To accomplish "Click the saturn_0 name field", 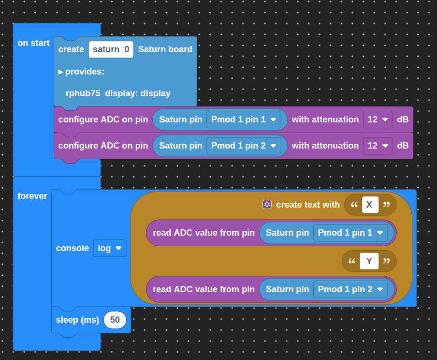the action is coord(111,49).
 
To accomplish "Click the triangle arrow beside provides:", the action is coord(60,72).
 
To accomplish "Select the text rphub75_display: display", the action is coord(118,93).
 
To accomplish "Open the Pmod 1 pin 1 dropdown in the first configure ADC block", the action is coord(244,120).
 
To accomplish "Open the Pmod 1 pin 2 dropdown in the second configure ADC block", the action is coord(244,146).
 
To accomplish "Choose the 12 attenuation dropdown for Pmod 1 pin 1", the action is coord(378,120).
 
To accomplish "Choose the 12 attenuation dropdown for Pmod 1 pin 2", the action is coord(378,146).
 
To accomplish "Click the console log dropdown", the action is coord(110,248).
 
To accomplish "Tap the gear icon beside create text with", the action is coord(267,205).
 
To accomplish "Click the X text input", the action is coord(370,205).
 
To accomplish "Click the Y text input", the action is coord(369,261).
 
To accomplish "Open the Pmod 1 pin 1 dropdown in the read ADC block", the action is coord(350,233).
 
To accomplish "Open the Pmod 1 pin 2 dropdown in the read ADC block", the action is coord(350,289).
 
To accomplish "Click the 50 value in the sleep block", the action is coord(115,320).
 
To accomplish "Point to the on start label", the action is coord(33,43).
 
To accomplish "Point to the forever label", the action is coord(32,196).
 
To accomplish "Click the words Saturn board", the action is coord(165,49).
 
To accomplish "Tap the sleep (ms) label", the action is coord(77,320).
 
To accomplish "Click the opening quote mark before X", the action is coord(354,205).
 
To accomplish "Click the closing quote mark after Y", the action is coord(386,261).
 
